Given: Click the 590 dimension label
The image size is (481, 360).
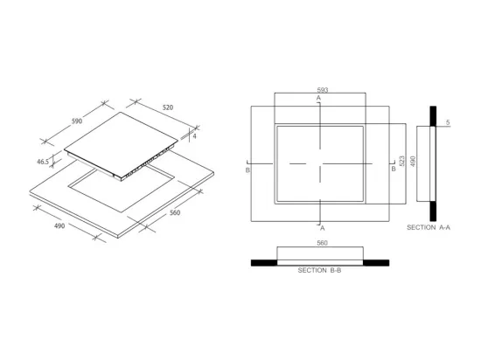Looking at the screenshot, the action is [x=77, y=121].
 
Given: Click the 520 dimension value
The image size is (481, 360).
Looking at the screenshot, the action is [x=168, y=107].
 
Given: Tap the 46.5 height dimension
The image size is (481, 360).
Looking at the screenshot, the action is [x=43, y=162].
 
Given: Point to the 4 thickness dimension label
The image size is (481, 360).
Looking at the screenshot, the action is [x=194, y=136].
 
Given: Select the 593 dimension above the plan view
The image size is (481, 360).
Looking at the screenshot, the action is [x=323, y=90].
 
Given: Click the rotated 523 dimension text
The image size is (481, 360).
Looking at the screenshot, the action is [x=402, y=161].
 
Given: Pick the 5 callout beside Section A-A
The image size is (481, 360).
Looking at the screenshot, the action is [x=448, y=122].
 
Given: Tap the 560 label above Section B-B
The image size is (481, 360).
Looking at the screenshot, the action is [x=322, y=243].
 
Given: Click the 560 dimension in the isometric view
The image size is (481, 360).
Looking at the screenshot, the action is [x=175, y=212].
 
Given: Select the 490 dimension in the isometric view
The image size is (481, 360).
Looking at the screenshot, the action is [x=59, y=225].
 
